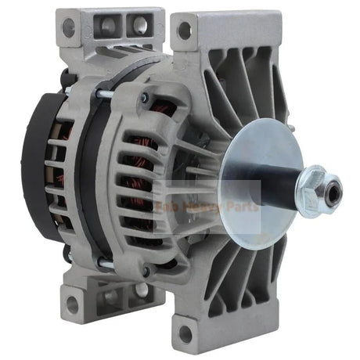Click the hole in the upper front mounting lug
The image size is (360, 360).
[185, 31]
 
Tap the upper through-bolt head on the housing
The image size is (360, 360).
[145, 98]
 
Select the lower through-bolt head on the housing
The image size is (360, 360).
[145, 271]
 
